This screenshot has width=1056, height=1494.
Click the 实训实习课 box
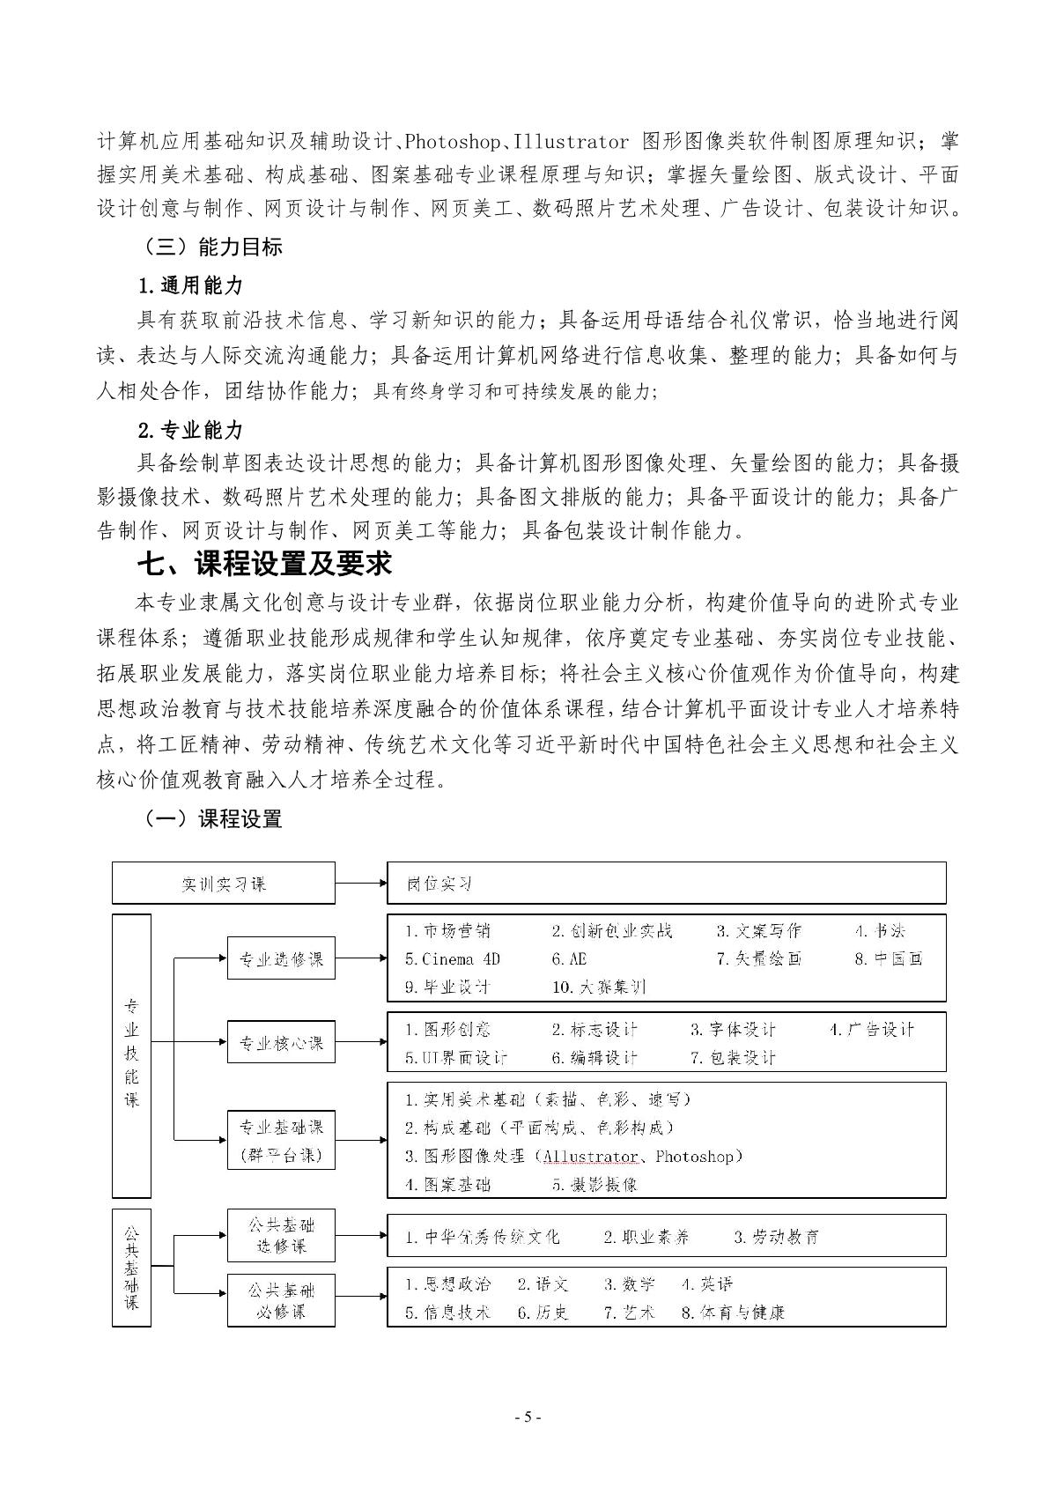[223, 884]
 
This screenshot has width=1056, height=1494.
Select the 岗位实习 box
[666, 884]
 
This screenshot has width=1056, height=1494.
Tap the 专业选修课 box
[281, 959]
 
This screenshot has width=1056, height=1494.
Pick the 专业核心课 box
[281, 1043]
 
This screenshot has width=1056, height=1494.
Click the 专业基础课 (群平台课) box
[281, 1140]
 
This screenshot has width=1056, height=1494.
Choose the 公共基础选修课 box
[281, 1235]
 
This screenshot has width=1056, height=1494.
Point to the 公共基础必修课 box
[281, 1300]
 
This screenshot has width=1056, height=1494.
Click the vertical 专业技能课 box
[131, 1054]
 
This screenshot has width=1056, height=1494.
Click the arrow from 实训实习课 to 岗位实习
[360, 884]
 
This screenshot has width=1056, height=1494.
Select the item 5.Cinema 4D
[452, 959]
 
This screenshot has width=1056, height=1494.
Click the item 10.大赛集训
[599, 987]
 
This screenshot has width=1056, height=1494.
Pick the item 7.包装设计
[733, 1058]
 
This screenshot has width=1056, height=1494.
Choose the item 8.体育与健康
[733, 1313]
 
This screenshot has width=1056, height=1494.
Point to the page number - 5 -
[528, 1417]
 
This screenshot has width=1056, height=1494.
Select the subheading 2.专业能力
[189, 430]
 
